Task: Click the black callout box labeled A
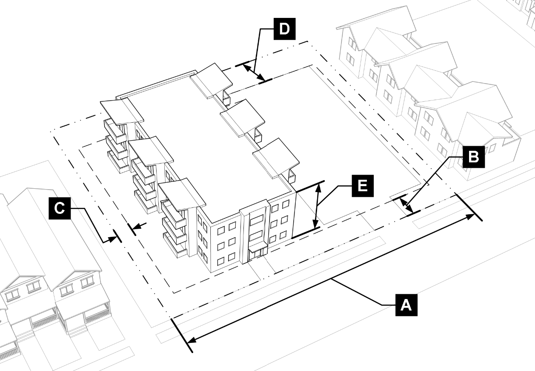[x=406, y=305]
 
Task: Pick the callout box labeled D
[x=284, y=29]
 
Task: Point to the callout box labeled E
[x=362, y=186]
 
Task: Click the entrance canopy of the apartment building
[x=258, y=246]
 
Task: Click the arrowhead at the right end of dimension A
[x=472, y=216]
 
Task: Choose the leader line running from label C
[x=94, y=224]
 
